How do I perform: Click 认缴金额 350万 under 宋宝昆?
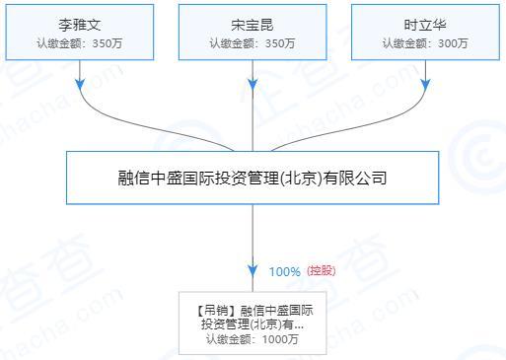[x=253, y=42]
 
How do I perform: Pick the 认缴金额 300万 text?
[x=425, y=42]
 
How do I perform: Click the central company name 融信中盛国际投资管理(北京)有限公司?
[x=253, y=180]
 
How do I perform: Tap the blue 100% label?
[x=284, y=271]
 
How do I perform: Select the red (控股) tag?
[x=322, y=270]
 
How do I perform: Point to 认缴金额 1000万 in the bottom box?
[x=253, y=339]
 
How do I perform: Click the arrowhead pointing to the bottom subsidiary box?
[x=253, y=271]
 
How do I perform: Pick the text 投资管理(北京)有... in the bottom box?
[x=253, y=324]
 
